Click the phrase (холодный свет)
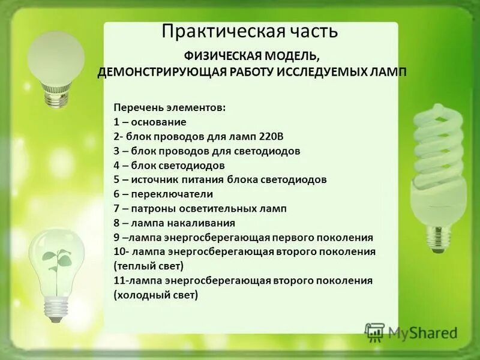click(x=155, y=295)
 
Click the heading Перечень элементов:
click(x=170, y=107)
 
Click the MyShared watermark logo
click(x=412, y=332)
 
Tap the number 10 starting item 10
click(x=118, y=251)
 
